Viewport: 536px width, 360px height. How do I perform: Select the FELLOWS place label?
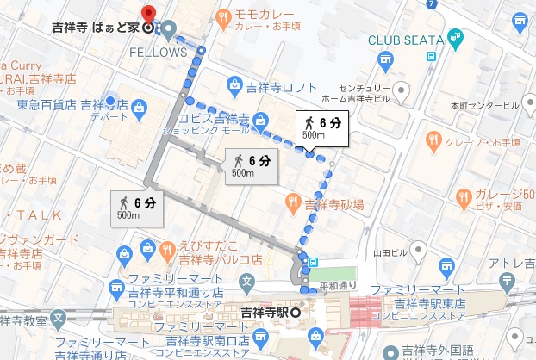click(159, 51)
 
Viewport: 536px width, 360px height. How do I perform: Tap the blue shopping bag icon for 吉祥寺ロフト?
click(234, 84)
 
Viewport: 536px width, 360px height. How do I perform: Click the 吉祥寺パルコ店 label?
click(220, 258)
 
